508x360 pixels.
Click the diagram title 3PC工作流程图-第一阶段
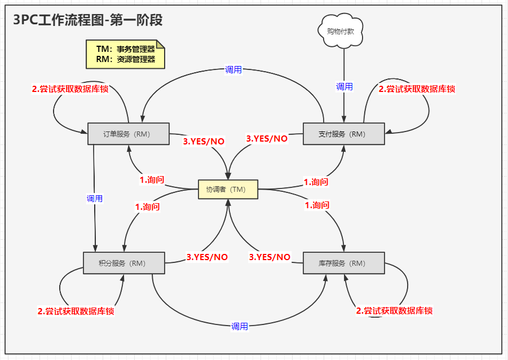[x=88, y=20]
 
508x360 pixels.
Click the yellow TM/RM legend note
[x=125, y=54]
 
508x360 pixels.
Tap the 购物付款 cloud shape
[x=341, y=30]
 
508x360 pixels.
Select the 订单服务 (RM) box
[x=129, y=134]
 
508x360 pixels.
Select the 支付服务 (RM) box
[x=343, y=134]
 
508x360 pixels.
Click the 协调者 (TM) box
[x=228, y=190]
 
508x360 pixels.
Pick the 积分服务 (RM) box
[x=123, y=263]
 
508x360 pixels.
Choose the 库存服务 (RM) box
[x=343, y=263]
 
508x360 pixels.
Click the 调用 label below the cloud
[x=344, y=86]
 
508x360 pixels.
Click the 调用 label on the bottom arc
[x=239, y=326]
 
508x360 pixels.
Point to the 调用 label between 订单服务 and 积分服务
[x=94, y=199]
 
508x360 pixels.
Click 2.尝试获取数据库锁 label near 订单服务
[x=70, y=89]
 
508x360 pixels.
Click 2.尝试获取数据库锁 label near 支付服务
[x=417, y=89]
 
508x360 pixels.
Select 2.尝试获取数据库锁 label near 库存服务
[x=395, y=310]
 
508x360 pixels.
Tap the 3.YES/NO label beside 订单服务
[x=204, y=141]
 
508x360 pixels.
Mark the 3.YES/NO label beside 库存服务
[x=270, y=257]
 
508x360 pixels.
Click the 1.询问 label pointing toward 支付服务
[x=316, y=182]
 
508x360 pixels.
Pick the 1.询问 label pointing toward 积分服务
[x=147, y=207]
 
